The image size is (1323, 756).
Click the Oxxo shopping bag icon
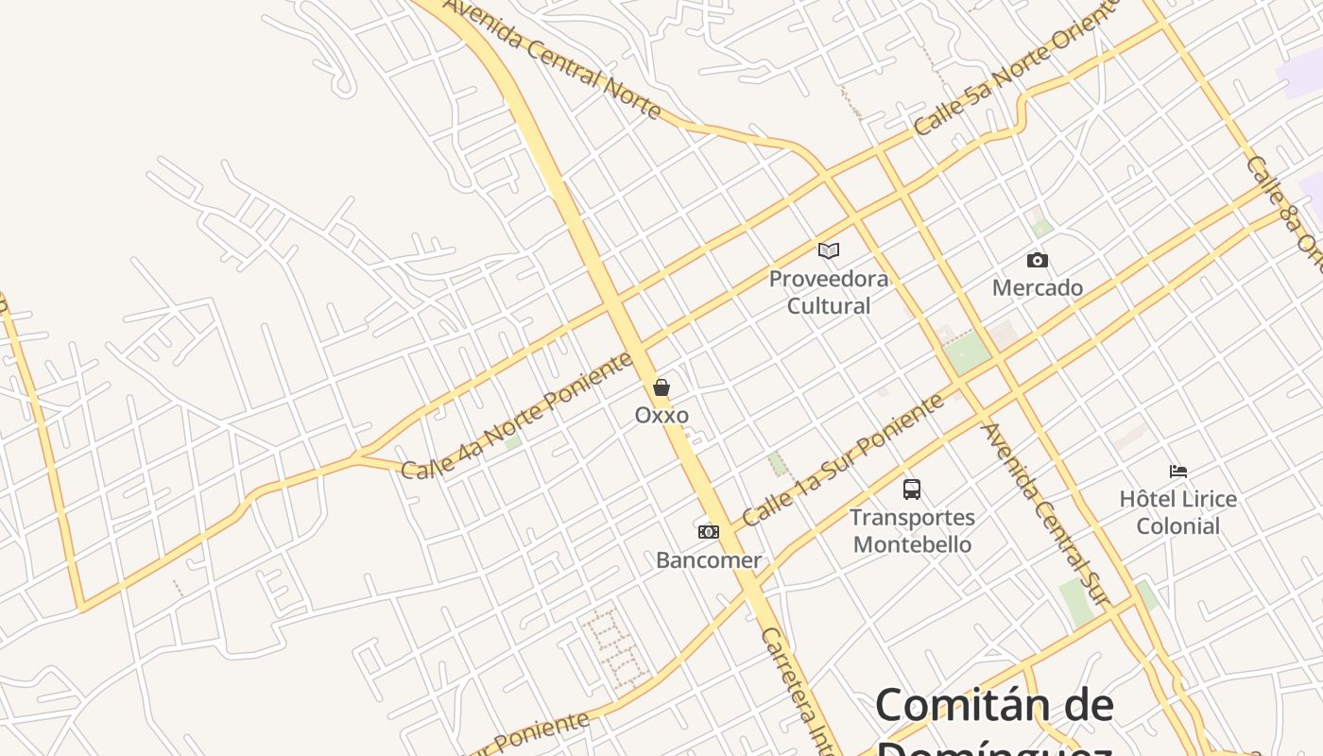(x=661, y=387)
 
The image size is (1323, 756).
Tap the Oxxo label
(x=661, y=415)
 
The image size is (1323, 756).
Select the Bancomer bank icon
(x=709, y=532)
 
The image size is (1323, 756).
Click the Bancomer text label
(x=709, y=559)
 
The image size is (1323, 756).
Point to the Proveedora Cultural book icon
(x=829, y=250)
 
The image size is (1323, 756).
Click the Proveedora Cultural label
(x=829, y=292)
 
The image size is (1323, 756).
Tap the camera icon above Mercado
(x=1038, y=260)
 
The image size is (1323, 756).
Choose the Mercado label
(x=1038, y=287)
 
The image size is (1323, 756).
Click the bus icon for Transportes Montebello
(x=912, y=490)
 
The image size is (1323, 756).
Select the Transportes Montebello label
(x=912, y=531)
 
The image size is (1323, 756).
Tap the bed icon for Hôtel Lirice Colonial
(x=1177, y=471)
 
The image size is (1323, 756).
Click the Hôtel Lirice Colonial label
(x=1177, y=512)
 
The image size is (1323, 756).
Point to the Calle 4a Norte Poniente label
(x=516, y=416)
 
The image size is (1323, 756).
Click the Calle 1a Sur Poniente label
(x=843, y=460)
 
